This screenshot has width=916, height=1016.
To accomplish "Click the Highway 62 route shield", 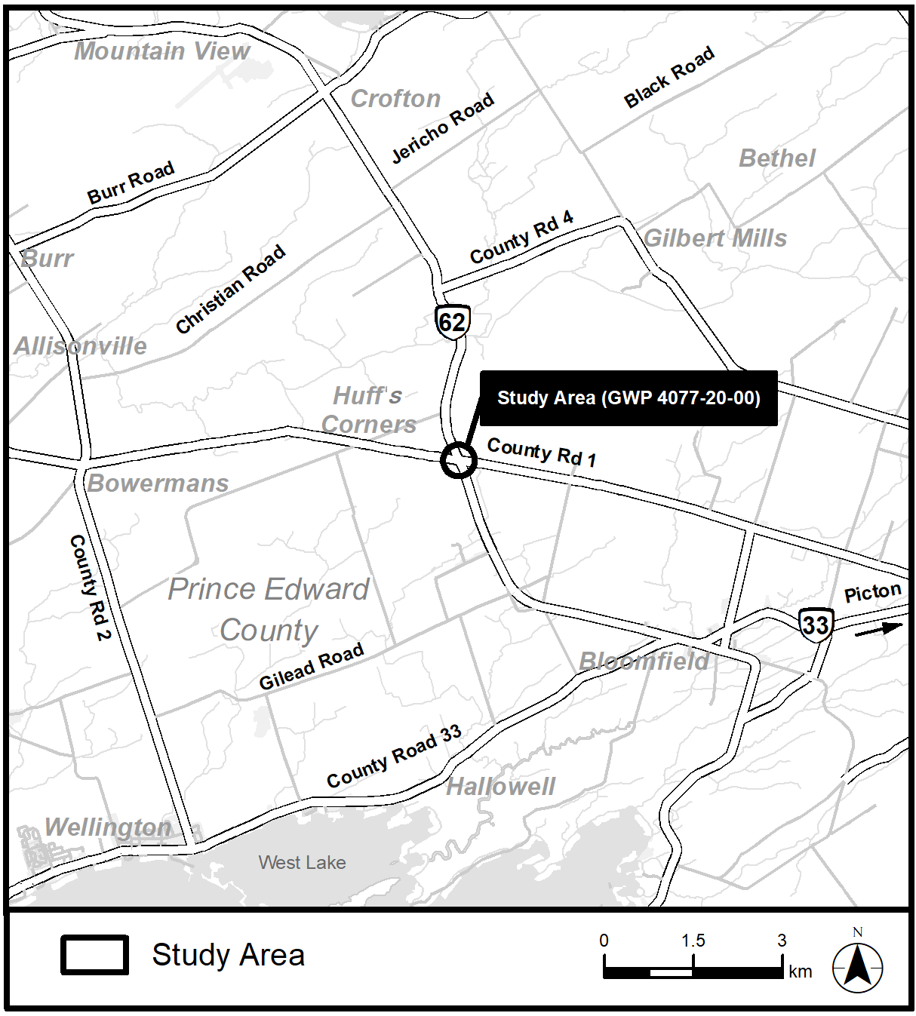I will (453, 322).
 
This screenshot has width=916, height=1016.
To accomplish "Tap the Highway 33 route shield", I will (816, 625).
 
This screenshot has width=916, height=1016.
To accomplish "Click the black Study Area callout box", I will (629, 397).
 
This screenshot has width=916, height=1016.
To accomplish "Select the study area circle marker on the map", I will (459, 460).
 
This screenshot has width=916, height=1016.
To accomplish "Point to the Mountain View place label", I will (161, 51).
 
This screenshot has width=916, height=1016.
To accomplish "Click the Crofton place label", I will (395, 99).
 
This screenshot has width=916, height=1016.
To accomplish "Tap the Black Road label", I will (669, 77).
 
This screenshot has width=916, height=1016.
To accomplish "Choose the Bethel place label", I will (776, 158).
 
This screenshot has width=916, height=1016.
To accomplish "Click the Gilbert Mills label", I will (715, 238).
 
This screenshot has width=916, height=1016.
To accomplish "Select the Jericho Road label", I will (443, 127).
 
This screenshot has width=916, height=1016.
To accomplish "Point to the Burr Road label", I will (131, 183).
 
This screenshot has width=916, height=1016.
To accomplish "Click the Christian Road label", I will (230, 289).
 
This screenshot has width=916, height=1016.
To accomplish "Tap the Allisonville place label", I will (80, 346).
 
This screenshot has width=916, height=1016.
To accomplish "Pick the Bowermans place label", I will (158, 483).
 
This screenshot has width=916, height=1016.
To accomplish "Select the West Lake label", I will (302, 862).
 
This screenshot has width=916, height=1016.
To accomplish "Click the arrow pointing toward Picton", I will (878, 630).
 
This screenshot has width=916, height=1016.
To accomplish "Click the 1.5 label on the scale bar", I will (693, 941).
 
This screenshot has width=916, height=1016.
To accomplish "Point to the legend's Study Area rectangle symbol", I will (94, 955).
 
